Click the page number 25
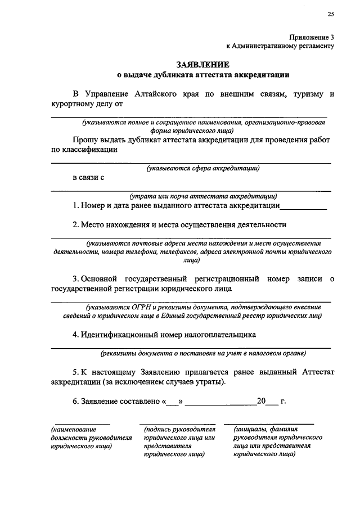(331, 14)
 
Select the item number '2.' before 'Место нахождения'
(76, 225)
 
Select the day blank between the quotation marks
(173, 402)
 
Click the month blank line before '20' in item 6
(220, 404)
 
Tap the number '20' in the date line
(261, 402)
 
